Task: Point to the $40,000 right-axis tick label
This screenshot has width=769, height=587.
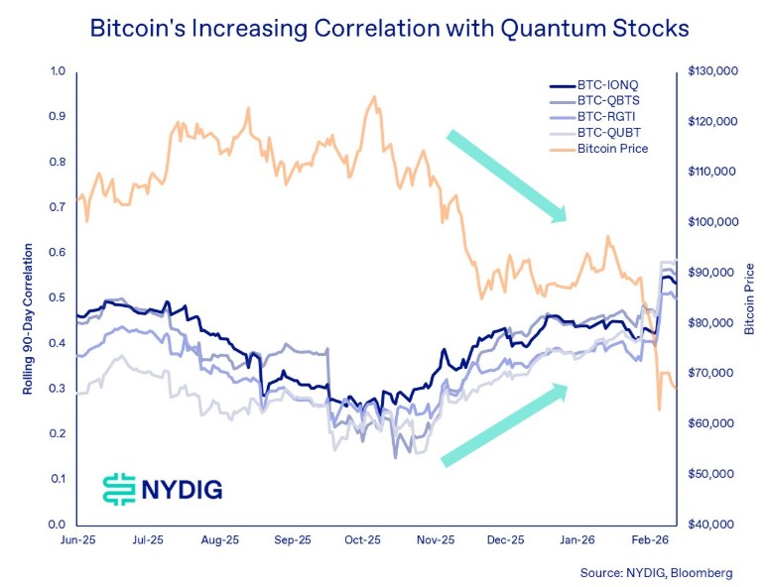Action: point(713,525)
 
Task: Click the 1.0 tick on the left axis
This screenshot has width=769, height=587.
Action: point(58,71)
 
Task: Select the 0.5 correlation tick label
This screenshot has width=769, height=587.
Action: point(58,297)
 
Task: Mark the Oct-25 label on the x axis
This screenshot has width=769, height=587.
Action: point(363,541)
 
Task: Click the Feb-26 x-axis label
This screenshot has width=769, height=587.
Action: point(649,541)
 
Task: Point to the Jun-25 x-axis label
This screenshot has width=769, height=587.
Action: point(76,541)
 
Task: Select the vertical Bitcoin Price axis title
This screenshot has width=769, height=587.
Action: point(750,298)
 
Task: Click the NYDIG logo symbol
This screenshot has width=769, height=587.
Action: point(119,488)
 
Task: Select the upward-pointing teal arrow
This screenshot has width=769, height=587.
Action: point(504,424)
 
